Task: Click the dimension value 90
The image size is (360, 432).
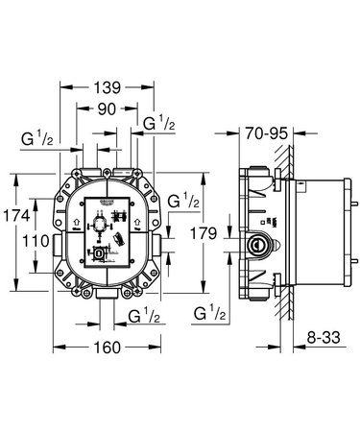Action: click(x=108, y=109)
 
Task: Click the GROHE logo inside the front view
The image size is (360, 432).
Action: click(x=109, y=203)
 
